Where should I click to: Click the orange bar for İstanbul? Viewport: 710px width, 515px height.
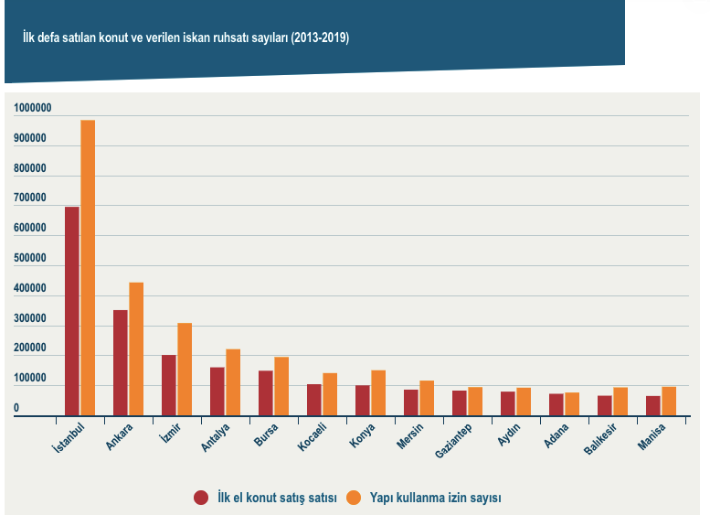pyautogui.click(x=88, y=268)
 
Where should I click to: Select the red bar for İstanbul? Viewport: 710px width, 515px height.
pyautogui.click(x=72, y=311)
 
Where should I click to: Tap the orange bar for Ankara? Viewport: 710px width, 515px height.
pyautogui.click(x=136, y=349)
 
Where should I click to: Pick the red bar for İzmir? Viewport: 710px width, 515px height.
pyautogui.click(x=169, y=385)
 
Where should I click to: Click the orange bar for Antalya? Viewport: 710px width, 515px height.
pyautogui.click(x=233, y=382)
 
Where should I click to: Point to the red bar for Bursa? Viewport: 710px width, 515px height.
pyautogui.click(x=266, y=393)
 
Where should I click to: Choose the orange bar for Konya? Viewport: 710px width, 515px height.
pyautogui.click(x=378, y=393)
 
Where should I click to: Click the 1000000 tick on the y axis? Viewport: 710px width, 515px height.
pyautogui.click(x=32, y=109)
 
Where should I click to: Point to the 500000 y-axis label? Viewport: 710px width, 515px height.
pyautogui.click(x=32, y=259)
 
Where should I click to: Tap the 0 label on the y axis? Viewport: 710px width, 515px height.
pyautogui.click(x=16, y=408)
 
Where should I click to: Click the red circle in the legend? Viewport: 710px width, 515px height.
pyautogui.click(x=201, y=498)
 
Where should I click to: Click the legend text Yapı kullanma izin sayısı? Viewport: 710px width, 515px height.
pyautogui.click(x=435, y=498)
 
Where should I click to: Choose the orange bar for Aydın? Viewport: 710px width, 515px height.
pyautogui.click(x=524, y=402)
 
